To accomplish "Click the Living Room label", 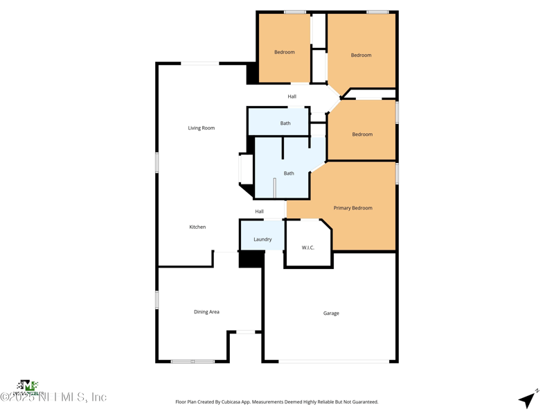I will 202,128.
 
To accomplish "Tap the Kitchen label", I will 197,227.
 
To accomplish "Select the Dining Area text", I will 206,312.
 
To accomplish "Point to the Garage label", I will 331,313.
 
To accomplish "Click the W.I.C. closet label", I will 308,248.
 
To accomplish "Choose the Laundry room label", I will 262,239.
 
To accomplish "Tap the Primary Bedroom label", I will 352,208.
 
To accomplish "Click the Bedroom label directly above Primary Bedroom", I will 362,135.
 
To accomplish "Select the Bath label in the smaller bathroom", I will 285,123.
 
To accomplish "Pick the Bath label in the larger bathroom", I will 289,173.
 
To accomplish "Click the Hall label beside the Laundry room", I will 259,211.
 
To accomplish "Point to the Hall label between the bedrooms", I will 292,96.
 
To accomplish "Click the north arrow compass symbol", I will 528,399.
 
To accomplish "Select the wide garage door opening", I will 334,361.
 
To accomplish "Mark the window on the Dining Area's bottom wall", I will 193,361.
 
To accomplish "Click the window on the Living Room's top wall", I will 200,63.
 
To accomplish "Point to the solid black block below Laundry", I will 251,259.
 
